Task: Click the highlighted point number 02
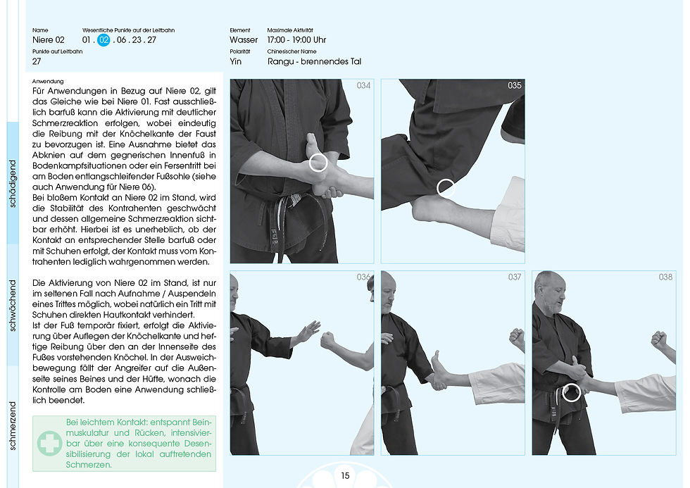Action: (x=103, y=40)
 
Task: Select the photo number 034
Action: (x=302, y=171)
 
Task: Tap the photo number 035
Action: (x=453, y=171)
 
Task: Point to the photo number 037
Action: (x=453, y=363)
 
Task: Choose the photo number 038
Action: (x=604, y=363)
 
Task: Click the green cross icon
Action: (x=49, y=443)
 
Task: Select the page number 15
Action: (x=346, y=476)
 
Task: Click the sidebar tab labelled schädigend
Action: (x=13, y=183)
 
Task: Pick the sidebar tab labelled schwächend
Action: (x=13, y=305)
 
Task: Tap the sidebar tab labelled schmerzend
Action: (x=13, y=426)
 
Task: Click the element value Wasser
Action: (x=244, y=40)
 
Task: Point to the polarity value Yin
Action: (x=236, y=61)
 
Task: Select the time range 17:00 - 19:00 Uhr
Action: (x=296, y=40)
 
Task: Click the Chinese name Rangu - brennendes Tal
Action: (x=314, y=61)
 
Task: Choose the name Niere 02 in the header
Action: (x=49, y=40)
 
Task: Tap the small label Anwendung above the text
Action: (x=48, y=82)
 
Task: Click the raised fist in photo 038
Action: (x=659, y=339)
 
